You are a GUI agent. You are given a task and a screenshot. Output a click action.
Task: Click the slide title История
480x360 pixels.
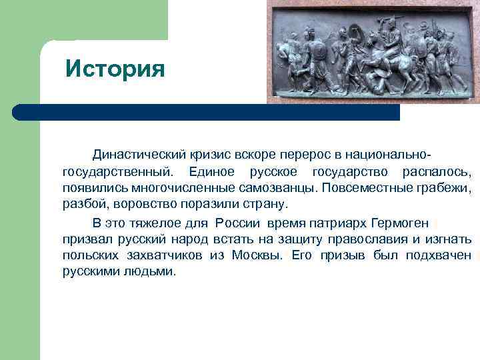115,68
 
